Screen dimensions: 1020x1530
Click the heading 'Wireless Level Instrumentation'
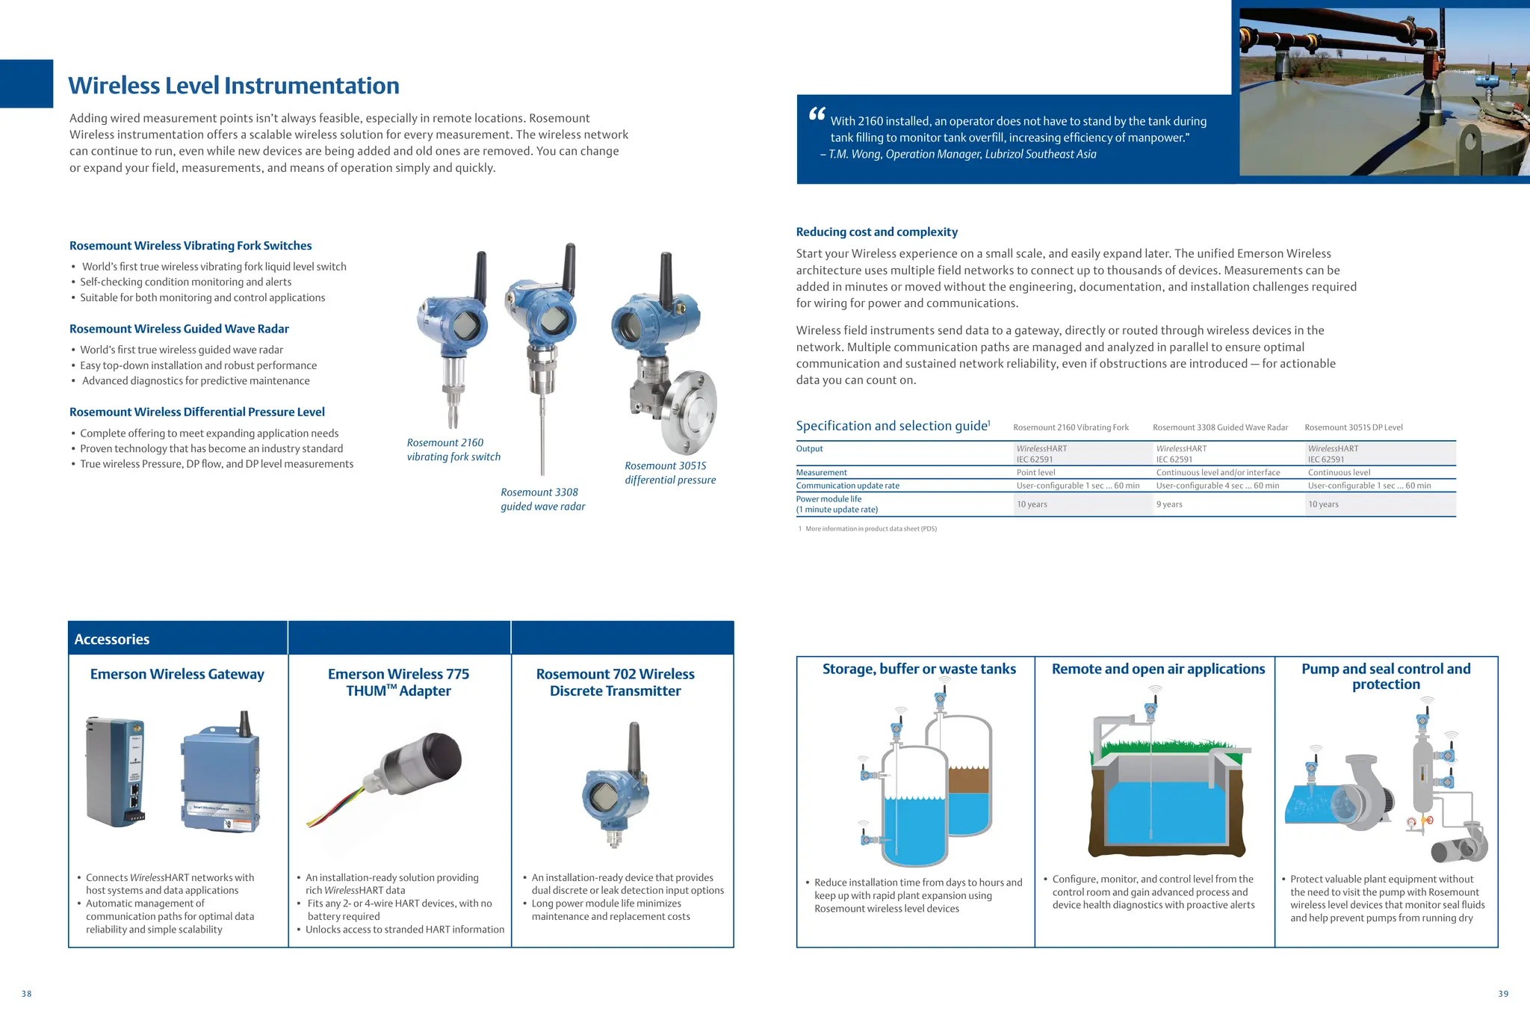coord(234,86)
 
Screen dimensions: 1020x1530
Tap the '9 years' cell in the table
coord(1169,504)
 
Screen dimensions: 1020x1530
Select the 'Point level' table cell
coord(1035,472)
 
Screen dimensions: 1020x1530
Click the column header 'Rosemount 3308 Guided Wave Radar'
coord(1220,427)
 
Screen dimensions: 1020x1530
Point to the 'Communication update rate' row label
coord(847,486)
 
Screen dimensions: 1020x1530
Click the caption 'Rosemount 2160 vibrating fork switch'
coord(453,450)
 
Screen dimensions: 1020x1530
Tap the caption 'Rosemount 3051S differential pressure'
coord(669,473)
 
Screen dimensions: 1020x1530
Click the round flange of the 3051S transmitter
coord(690,412)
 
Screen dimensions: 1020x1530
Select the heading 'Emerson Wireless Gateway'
coord(177,674)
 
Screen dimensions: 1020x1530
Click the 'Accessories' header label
coord(112,640)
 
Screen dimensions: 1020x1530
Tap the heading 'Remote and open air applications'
coord(1158,669)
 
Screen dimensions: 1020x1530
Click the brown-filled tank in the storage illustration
coord(969,781)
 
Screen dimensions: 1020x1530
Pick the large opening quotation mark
coord(817,114)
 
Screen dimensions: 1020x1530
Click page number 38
coord(27,994)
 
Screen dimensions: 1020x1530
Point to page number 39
coord(1503,994)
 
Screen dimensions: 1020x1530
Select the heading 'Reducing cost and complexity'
coord(876,232)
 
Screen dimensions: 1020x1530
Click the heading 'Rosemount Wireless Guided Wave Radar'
coord(179,329)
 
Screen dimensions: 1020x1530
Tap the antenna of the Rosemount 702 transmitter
coord(634,748)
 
